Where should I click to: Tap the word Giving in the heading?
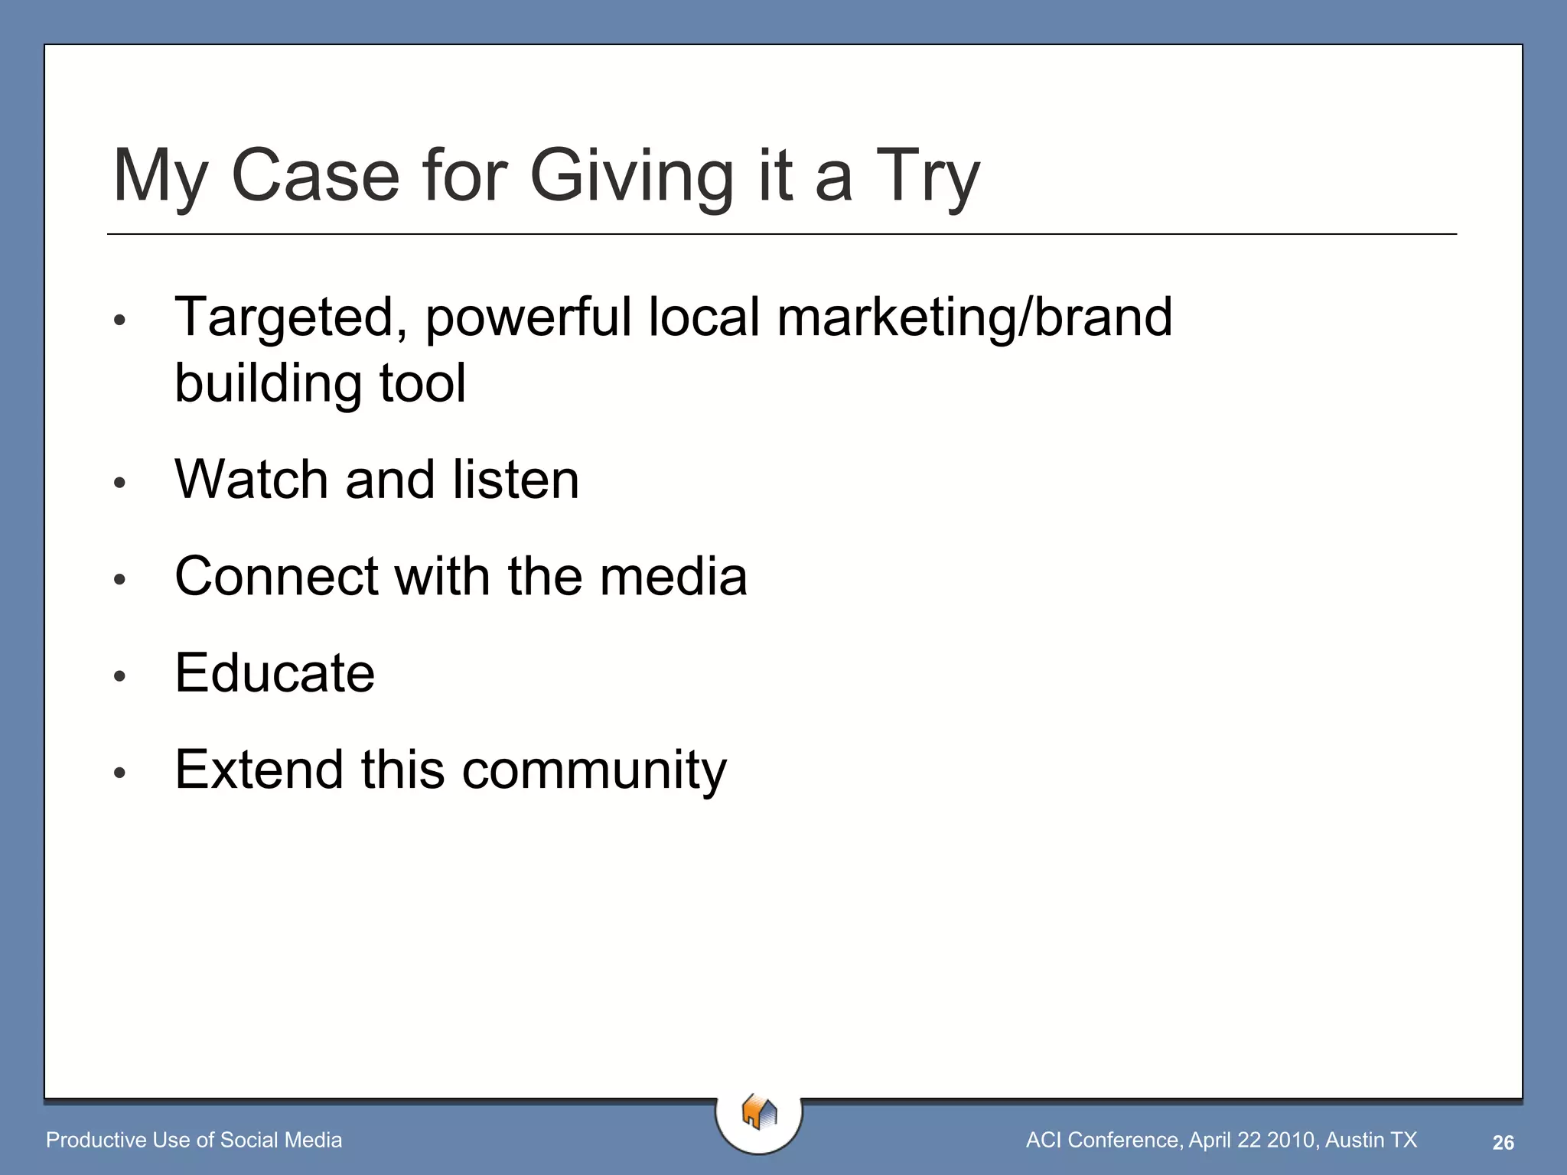632,177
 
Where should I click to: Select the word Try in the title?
927,177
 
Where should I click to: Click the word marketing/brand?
974,317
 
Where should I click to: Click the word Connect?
276,576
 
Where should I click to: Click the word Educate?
275,673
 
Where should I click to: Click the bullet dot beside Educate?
119,676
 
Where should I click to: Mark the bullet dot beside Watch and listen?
119,483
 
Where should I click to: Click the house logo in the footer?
759,1112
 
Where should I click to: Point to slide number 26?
1503,1142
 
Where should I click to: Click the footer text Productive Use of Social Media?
194,1140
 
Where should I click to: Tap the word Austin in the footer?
1355,1140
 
